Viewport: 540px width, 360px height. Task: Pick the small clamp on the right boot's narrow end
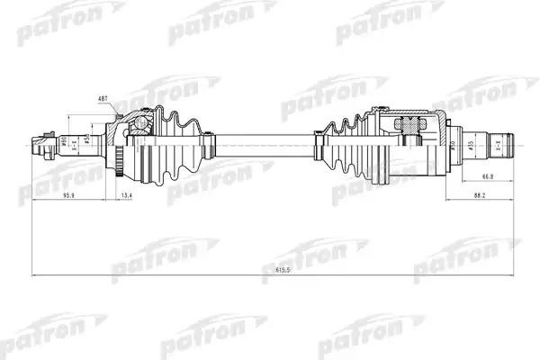[x=318, y=141]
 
